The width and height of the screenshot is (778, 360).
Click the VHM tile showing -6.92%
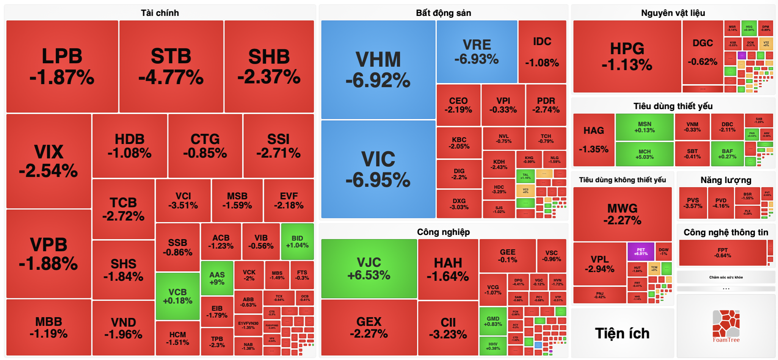pyautogui.click(x=378, y=70)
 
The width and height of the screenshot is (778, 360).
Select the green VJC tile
pyautogui.click(x=369, y=268)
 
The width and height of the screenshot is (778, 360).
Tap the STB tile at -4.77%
pyautogui.click(x=171, y=66)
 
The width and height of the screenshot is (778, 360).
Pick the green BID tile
pyautogui.click(x=297, y=241)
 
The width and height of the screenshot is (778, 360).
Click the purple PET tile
pyautogui.click(x=641, y=252)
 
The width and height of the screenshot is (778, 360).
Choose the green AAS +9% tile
pyautogui.click(x=217, y=278)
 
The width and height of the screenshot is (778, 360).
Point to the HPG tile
pyautogui.click(x=627, y=56)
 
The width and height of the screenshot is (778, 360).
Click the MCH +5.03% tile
pyautogui.click(x=645, y=154)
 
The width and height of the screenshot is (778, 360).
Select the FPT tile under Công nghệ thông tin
pyautogui.click(x=723, y=253)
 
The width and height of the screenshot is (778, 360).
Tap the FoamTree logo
pyautogui.click(x=726, y=326)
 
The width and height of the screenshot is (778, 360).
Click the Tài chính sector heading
pyautogui.click(x=160, y=13)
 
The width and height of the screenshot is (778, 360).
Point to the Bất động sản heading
pyautogui.click(x=443, y=13)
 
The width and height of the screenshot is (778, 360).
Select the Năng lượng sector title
pyautogui.click(x=726, y=180)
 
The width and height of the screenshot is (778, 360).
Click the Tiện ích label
pyautogui.click(x=622, y=333)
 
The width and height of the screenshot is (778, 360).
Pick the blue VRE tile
pyautogui.click(x=477, y=52)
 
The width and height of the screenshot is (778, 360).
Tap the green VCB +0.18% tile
pyautogui.click(x=177, y=296)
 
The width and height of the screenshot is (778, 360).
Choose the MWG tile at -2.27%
pyautogui.click(x=622, y=214)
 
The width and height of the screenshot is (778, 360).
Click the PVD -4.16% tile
pyautogui.click(x=721, y=203)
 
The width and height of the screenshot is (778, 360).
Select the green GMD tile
pyautogui.click(x=493, y=321)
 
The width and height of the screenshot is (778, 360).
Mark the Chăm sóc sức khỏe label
pyautogui.click(x=726, y=277)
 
